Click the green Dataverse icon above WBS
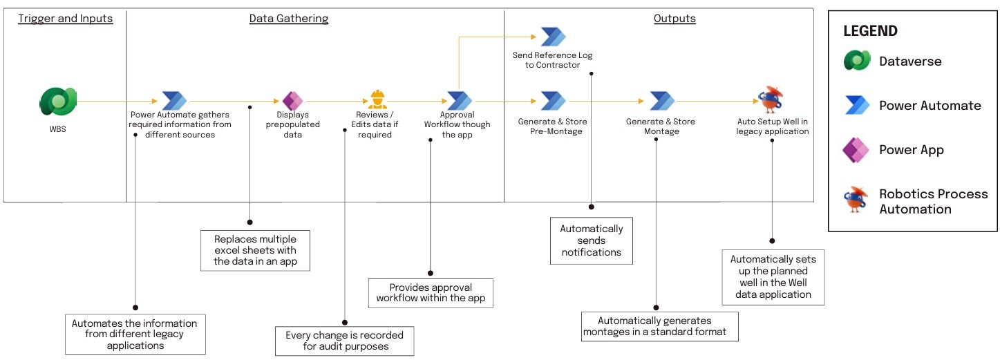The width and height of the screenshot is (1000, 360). (x=58, y=102)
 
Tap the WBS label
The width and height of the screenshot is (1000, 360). (x=57, y=129)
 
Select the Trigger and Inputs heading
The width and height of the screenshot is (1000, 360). (x=65, y=19)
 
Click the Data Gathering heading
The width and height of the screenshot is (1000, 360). (x=289, y=19)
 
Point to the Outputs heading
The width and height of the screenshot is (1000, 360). (x=674, y=19)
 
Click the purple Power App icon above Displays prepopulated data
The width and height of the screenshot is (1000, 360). (x=293, y=101)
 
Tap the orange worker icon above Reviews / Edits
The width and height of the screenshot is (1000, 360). (x=378, y=100)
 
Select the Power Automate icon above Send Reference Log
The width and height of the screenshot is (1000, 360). (x=553, y=37)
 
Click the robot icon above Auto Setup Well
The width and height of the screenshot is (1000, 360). (x=771, y=100)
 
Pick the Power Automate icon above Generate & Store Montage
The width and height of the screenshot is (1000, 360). (x=662, y=101)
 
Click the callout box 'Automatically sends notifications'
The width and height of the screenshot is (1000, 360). (x=592, y=241)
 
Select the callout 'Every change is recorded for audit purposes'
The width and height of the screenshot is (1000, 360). (x=345, y=341)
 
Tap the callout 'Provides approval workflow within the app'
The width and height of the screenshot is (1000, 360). (x=431, y=293)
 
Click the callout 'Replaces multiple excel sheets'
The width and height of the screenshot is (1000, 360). (x=256, y=250)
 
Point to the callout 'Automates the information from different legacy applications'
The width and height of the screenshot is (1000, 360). (x=135, y=334)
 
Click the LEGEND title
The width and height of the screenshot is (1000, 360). (x=870, y=31)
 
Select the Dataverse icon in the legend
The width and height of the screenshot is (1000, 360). (x=857, y=60)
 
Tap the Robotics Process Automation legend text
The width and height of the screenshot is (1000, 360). (x=933, y=201)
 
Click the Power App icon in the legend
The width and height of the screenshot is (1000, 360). (x=856, y=151)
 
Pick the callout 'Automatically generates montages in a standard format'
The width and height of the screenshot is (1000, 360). (x=660, y=327)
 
